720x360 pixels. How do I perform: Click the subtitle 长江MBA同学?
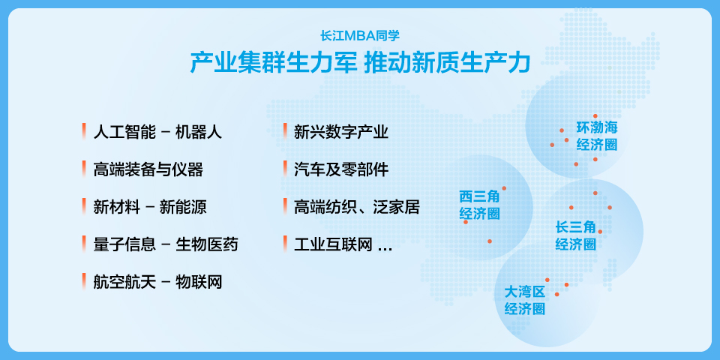[360, 35]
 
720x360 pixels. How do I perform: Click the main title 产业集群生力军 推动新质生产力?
[360, 63]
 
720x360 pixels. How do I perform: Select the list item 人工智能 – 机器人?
[157, 132]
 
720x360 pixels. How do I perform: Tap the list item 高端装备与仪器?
[148, 169]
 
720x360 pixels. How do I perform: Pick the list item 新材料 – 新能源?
[150, 207]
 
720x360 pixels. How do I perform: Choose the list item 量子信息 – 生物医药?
[166, 244]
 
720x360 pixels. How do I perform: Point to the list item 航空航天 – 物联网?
[157, 281]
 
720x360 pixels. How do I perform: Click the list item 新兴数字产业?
[341, 132]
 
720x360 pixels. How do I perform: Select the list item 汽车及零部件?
[341, 169]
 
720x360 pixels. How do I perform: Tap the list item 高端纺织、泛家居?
[357, 207]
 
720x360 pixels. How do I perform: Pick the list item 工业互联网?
[333, 244]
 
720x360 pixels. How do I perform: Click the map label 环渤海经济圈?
[597, 136]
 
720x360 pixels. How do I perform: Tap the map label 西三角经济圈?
[479, 205]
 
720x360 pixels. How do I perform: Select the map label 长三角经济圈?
[576, 236]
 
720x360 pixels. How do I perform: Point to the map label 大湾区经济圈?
[525, 300]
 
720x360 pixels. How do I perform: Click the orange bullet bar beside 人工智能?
[84, 131]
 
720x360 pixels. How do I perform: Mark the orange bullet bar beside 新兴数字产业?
[285, 131]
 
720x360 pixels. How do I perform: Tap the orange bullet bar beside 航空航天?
[84, 280]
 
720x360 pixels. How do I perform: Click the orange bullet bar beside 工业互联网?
[285, 243]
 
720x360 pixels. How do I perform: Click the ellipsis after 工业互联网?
[385, 249]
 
